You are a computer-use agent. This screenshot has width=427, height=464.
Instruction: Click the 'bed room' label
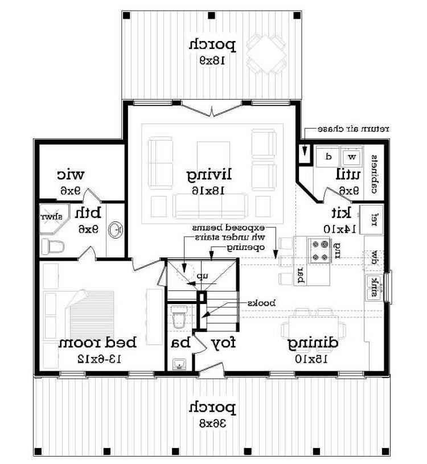pos(98,343)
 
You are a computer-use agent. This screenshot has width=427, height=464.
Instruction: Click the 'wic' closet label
pos(71,174)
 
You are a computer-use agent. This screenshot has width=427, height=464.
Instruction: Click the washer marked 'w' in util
pos(352,155)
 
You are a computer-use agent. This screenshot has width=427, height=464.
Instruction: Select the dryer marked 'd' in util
pos(329,155)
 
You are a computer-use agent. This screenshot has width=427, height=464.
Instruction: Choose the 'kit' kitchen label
pos(342,213)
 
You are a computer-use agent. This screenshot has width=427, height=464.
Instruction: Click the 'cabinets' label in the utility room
pos(376,175)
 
